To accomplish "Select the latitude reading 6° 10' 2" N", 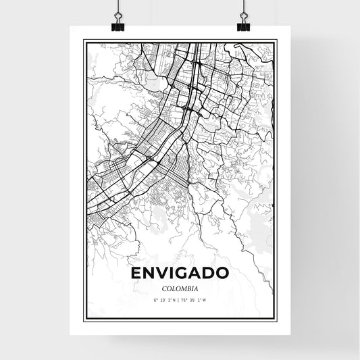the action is point(165,301).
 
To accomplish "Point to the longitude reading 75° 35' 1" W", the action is point(195,301).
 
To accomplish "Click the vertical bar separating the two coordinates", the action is point(180,301).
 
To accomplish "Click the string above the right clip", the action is point(243,5).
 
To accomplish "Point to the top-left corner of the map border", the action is point(84,41).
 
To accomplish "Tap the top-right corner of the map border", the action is point(276,41).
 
